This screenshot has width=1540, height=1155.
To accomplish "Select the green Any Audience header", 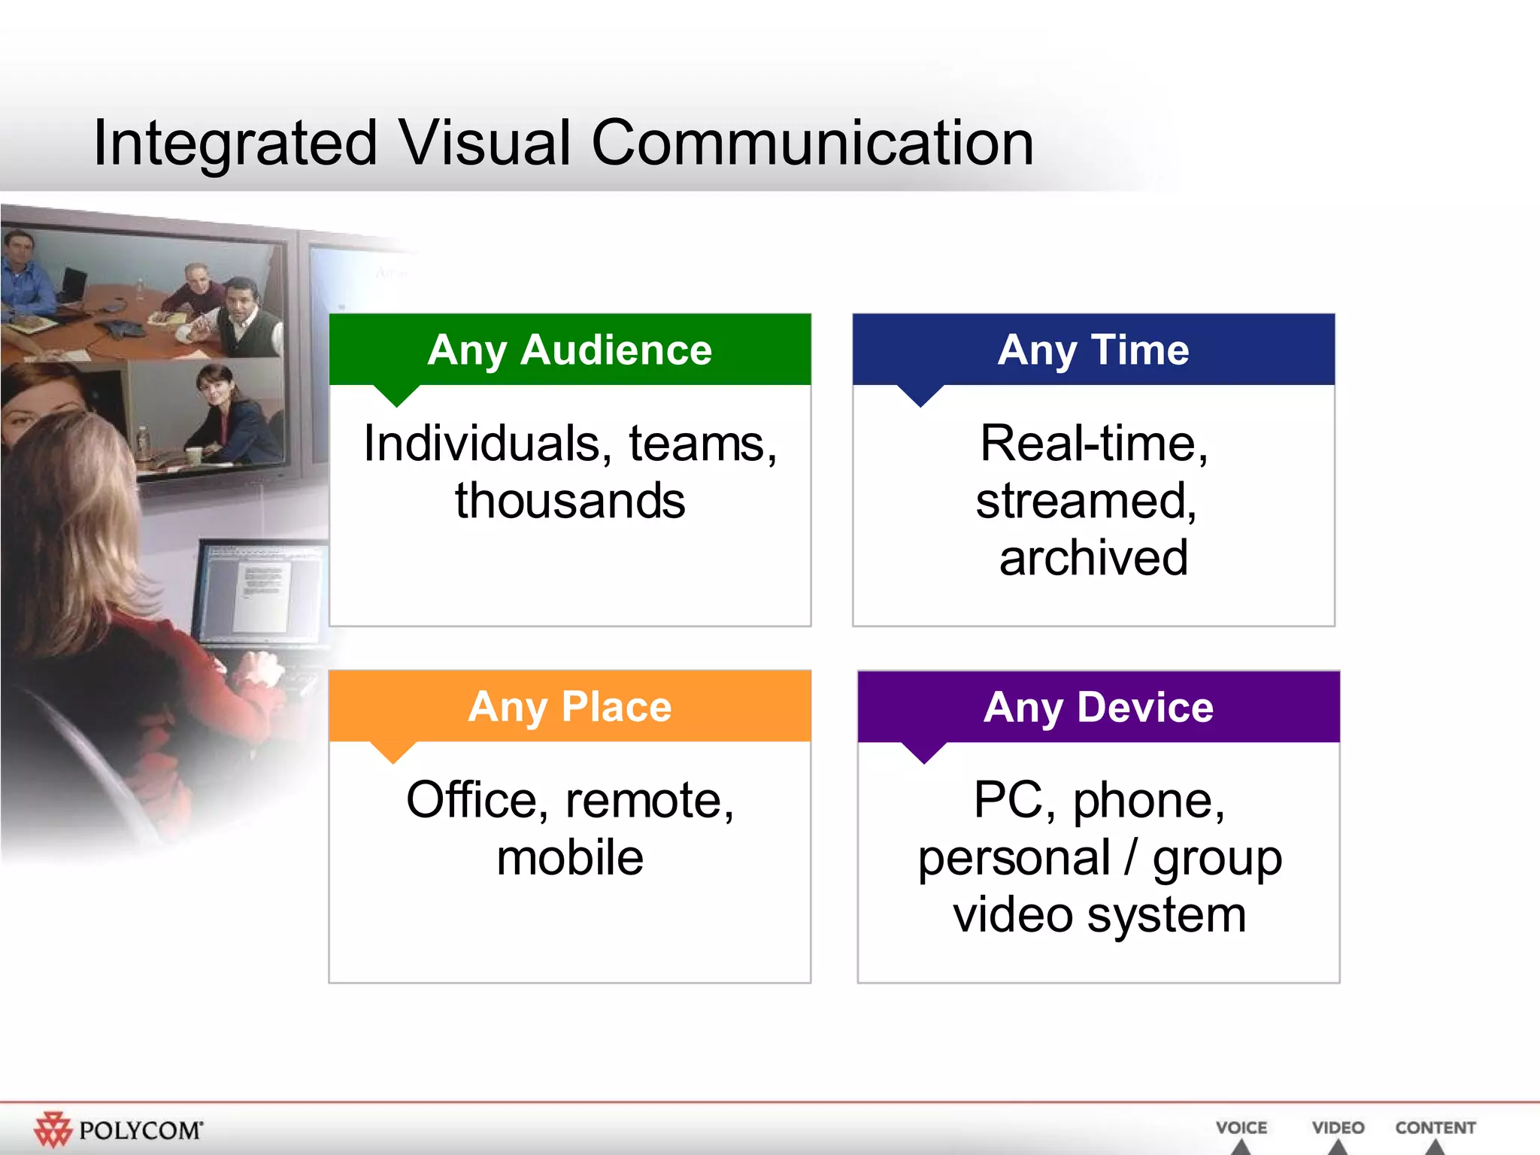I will (x=570, y=350).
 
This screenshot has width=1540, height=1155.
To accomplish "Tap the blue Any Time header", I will (x=1093, y=350).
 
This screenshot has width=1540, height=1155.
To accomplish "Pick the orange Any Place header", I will (x=570, y=706).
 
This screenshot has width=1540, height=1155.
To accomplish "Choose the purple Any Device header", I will (x=1099, y=707).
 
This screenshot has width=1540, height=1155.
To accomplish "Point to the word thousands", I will (x=570, y=501).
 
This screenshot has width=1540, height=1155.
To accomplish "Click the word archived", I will (x=1093, y=558).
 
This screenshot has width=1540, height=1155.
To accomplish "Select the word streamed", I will (x=1085, y=501).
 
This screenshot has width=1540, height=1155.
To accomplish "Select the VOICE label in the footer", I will (x=1241, y=1128).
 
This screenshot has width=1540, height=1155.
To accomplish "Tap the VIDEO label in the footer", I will (x=1338, y=1128).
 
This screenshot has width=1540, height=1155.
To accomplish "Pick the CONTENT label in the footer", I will (x=1435, y=1128).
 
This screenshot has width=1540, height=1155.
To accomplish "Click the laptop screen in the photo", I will (x=259, y=590).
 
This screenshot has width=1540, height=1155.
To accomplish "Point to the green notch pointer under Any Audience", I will (x=396, y=395).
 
